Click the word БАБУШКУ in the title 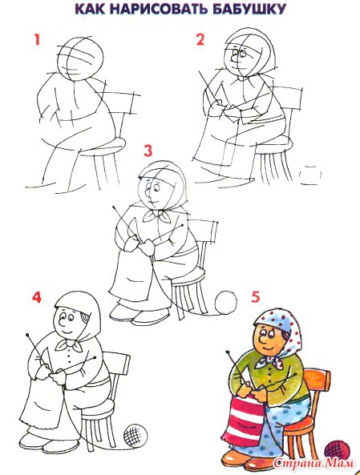[x=249, y=9]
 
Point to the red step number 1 [x=37, y=39]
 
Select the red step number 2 [x=200, y=40]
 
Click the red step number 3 [x=148, y=151]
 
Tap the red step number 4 [x=37, y=297]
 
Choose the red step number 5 [x=256, y=297]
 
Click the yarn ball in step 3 [x=225, y=302]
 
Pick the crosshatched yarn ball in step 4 [x=136, y=436]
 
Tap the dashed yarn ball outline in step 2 [x=310, y=175]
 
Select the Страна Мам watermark [x=313, y=463]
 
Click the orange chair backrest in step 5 [x=317, y=381]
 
